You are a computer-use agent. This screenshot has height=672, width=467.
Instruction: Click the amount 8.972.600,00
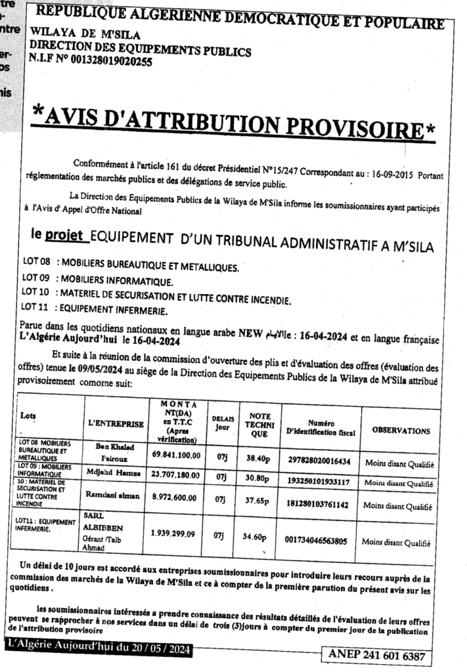point(181,497)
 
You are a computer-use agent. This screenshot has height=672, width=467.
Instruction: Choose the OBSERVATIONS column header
point(401,431)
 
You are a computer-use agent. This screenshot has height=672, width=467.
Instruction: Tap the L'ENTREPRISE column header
point(115,425)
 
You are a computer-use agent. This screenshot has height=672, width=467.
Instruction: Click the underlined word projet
point(63,234)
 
